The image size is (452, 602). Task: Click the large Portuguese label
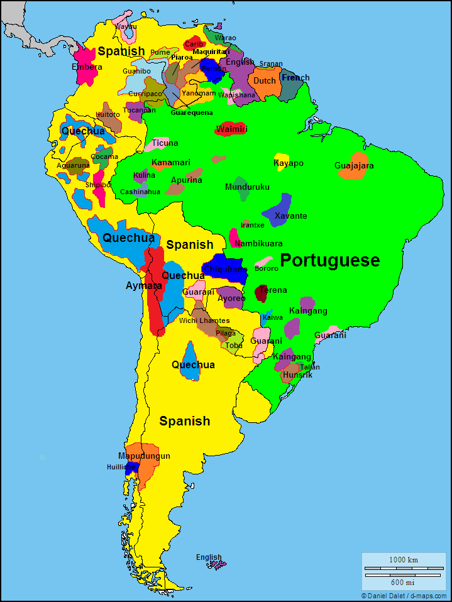[329, 260]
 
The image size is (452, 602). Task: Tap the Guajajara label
[354, 166]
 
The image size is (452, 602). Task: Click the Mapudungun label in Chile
[144, 456]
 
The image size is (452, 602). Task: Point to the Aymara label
[143, 286]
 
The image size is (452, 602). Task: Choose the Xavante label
[290, 216]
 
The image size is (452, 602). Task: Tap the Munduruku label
[247, 187]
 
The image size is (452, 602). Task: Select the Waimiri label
[231, 129]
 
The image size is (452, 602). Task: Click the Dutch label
[265, 81]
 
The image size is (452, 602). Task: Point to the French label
[295, 78]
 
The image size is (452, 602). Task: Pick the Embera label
[87, 67]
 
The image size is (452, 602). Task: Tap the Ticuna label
[165, 143]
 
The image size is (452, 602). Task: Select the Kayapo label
[289, 163]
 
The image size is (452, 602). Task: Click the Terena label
[273, 290]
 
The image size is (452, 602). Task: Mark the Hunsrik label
[297, 375]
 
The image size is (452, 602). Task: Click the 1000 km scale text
[403, 560]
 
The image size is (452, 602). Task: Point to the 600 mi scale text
[403, 582]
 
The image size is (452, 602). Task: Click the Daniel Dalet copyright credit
[403, 596]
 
